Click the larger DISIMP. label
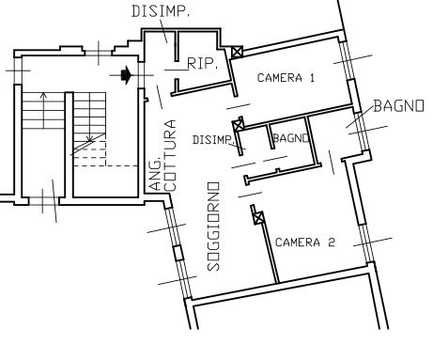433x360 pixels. pyautogui.click(x=161, y=11)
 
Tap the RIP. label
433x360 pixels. pyautogui.click(x=202, y=64)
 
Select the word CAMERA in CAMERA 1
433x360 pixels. pyautogui.click(x=280, y=78)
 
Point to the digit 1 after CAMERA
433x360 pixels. pyautogui.click(x=312, y=78)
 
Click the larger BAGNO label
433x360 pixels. pyautogui.click(x=399, y=106)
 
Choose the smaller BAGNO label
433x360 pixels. pyautogui.click(x=291, y=138)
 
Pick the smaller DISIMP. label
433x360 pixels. pyautogui.click(x=213, y=140)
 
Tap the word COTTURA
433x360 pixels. pyautogui.click(x=170, y=155)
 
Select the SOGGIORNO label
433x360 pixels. pyautogui.click(x=213, y=227)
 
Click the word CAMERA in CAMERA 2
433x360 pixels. pyautogui.click(x=298, y=243)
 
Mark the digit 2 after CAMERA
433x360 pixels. pyautogui.click(x=332, y=243)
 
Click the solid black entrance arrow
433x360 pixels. pyautogui.click(x=126, y=75)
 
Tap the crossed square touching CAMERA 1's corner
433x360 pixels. pyautogui.click(x=237, y=52)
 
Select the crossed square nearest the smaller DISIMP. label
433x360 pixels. pyautogui.click(x=239, y=126)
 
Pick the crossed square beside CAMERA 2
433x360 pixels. pyautogui.click(x=258, y=218)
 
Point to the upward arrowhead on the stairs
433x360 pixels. pyautogui.click(x=43, y=95)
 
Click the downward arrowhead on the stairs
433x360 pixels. pyautogui.click(x=90, y=138)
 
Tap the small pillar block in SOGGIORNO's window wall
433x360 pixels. pyautogui.click(x=178, y=253)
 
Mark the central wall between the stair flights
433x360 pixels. pyautogui.click(x=69, y=145)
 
